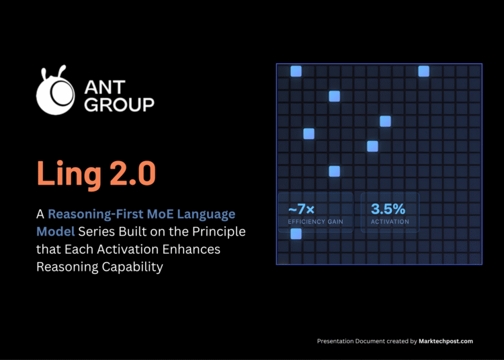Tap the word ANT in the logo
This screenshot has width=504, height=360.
pos(107,87)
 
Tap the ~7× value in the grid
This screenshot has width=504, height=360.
pos(297,209)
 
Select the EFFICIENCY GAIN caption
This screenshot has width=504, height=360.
pos(315,222)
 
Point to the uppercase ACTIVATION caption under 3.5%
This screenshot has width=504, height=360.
pos(390,222)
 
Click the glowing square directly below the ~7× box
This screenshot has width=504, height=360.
pos(296,234)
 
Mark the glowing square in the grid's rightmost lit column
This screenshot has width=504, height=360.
pos(423,71)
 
